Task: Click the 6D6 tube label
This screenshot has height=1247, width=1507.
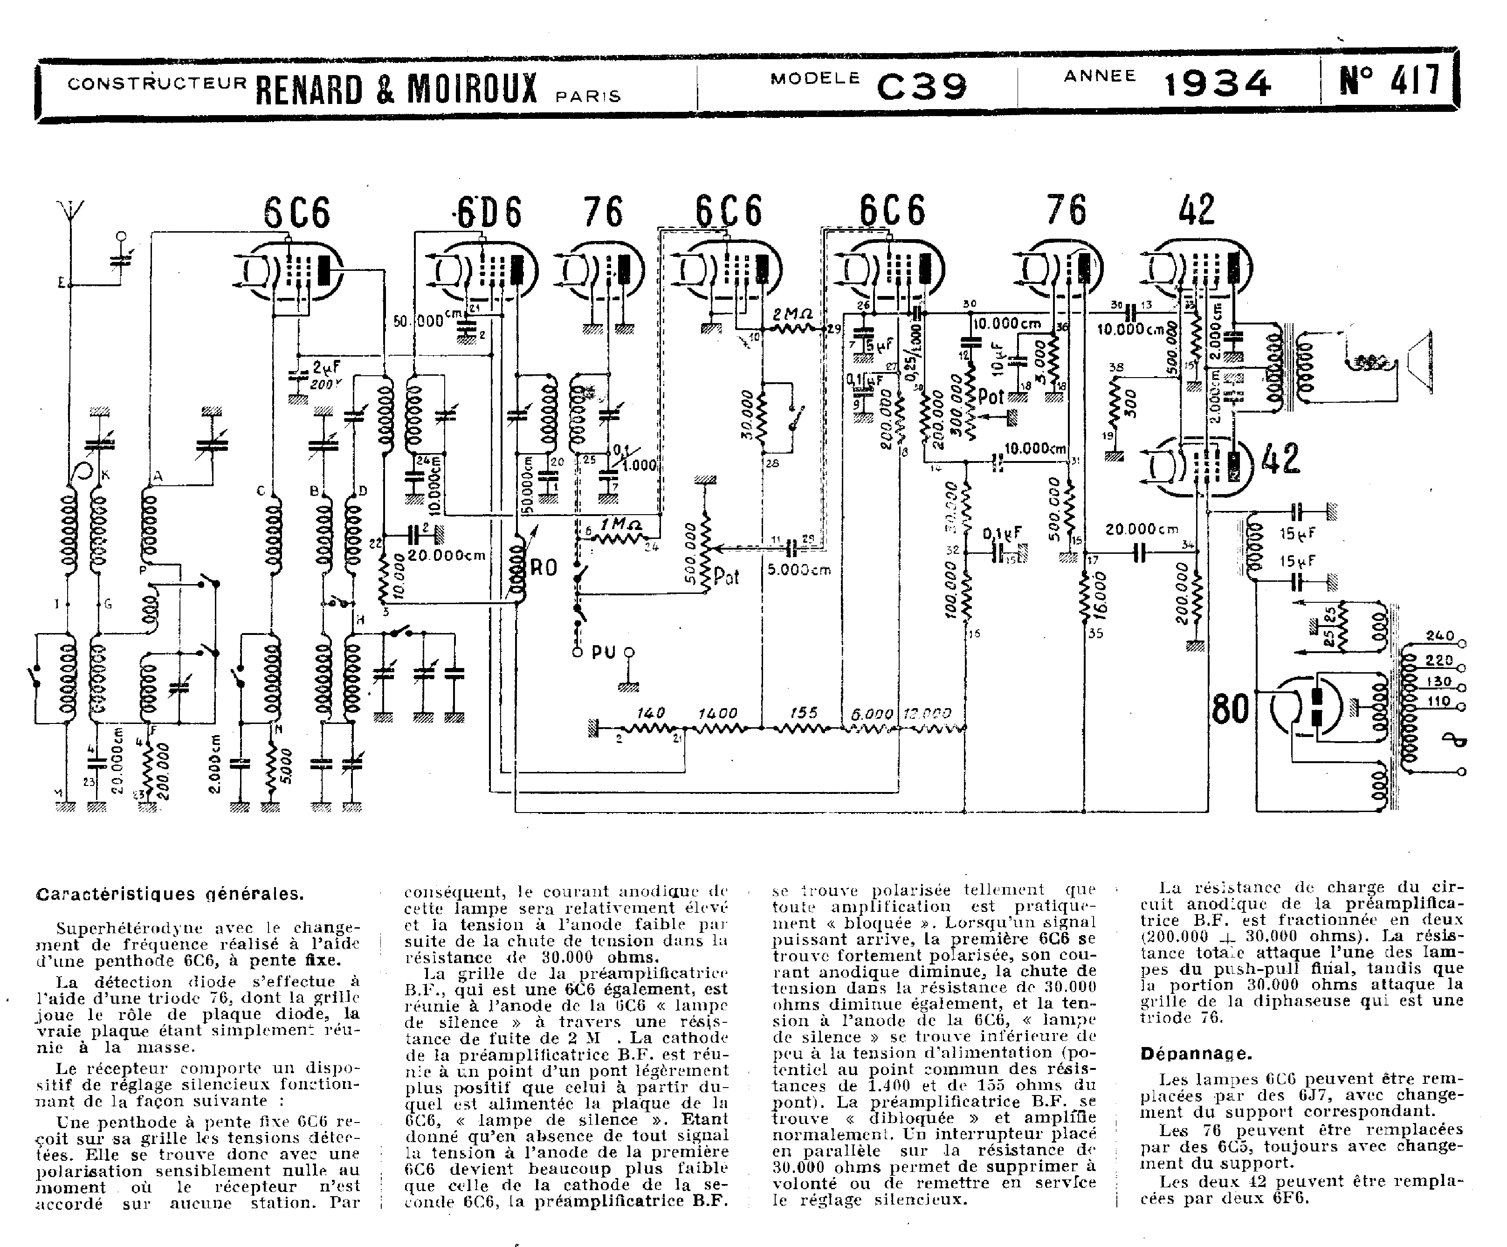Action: click(x=489, y=213)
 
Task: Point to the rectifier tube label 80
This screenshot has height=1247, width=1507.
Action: click(x=1230, y=710)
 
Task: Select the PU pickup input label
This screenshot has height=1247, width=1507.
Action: click(x=604, y=653)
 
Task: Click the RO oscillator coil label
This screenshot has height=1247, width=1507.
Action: click(x=543, y=568)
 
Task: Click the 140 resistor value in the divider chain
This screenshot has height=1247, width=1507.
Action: click(x=651, y=713)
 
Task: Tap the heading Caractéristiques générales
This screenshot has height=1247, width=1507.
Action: click(x=169, y=894)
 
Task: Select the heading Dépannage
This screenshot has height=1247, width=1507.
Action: click(x=1196, y=1054)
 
